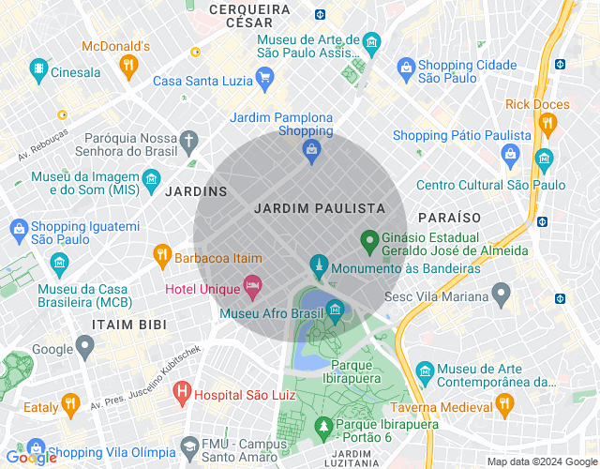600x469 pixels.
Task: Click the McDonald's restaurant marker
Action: [x=128, y=65]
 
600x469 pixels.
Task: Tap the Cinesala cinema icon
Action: [x=38, y=69]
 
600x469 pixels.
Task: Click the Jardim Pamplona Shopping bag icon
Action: [x=312, y=149]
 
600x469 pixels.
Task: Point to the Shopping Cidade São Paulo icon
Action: [x=406, y=68]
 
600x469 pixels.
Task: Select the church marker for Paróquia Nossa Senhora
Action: [x=188, y=142]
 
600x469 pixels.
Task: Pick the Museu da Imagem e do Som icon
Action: [x=150, y=178]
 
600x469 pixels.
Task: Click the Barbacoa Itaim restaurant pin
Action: [x=162, y=255]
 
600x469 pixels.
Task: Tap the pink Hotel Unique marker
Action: [x=251, y=284]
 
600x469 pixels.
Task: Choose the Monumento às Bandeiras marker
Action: [x=319, y=264]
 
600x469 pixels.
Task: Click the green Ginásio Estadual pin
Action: [x=370, y=242]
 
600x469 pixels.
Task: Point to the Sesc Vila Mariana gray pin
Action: [x=502, y=295]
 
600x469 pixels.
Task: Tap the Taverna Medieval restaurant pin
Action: [x=504, y=404]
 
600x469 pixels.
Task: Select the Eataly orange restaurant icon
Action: [x=69, y=405]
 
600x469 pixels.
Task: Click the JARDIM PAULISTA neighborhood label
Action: [x=320, y=207]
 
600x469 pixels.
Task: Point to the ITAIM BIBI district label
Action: [x=128, y=324]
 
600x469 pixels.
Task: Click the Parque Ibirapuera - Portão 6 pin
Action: [x=324, y=428]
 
